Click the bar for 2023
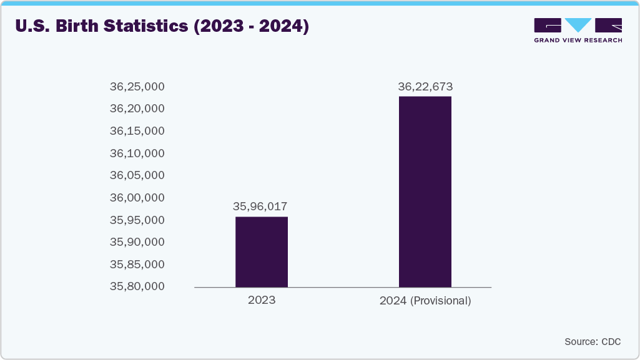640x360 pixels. tap(261, 251)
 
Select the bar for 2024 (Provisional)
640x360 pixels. tap(425, 192)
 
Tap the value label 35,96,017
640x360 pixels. tap(261, 206)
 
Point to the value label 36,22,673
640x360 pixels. tap(425, 86)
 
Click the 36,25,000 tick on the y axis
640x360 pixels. tap(137, 87)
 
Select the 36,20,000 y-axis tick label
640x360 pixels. tap(137, 109)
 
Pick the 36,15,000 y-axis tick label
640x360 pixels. tap(137, 131)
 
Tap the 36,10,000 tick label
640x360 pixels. tap(137, 153)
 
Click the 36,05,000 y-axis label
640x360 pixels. tap(137, 175)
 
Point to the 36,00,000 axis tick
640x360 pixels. tap(137, 198)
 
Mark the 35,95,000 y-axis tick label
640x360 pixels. tap(137, 220)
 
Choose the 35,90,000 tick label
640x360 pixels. tap(137, 242)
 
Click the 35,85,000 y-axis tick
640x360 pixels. tap(137, 265)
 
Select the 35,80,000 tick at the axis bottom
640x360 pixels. tap(137, 287)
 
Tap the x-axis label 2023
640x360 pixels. tap(261, 301)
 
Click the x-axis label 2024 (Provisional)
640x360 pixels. tap(425, 301)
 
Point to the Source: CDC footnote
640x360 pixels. tap(592, 341)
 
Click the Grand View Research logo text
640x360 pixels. tap(578, 41)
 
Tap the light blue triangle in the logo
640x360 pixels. tap(578, 25)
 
